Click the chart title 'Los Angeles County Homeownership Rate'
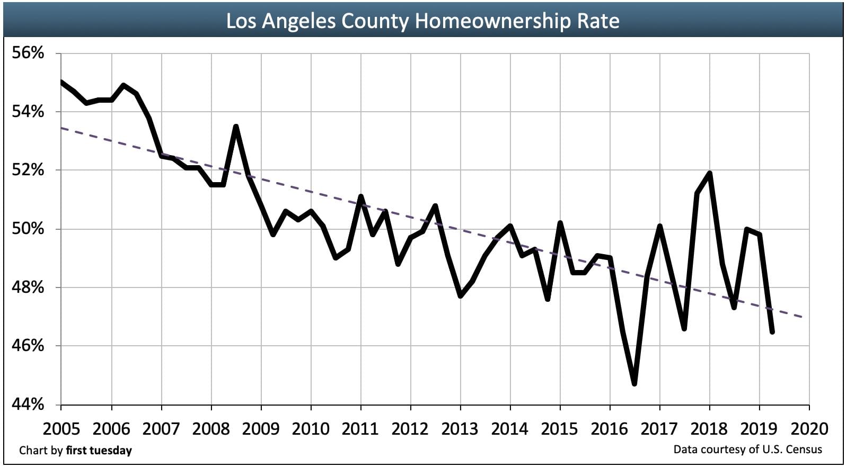422,21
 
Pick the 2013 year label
460,428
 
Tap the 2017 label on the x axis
659,428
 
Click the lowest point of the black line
634,384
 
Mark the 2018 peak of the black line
709,173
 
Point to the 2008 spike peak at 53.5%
236,127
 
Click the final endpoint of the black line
772,332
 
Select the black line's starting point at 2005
61,82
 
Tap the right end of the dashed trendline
808,317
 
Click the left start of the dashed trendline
61,128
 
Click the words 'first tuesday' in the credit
99,451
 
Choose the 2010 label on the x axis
310,428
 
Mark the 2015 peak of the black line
560,223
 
